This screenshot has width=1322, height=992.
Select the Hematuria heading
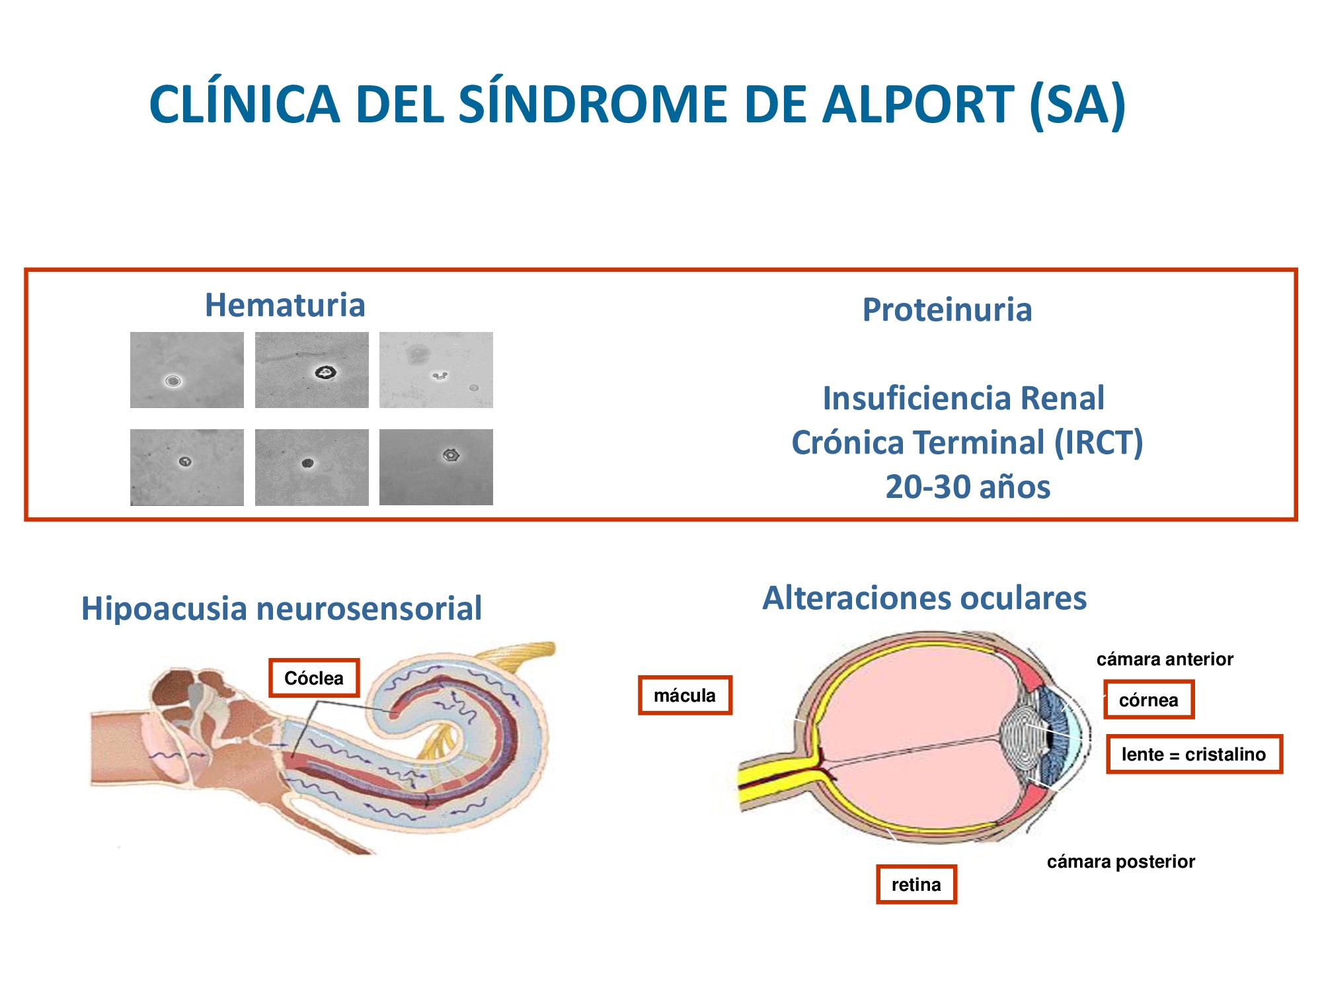pos(285,305)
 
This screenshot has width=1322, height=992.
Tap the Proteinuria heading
pos(947,310)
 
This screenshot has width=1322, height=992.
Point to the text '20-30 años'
pos(968,487)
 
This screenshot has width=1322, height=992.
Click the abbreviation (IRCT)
pos(1098,442)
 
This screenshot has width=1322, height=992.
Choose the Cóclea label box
pos(314,678)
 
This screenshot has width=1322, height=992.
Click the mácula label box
pos(685,695)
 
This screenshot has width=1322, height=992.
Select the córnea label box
pos(1149,700)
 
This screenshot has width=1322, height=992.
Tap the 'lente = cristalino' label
pos(1194,754)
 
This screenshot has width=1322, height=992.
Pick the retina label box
pos(916,884)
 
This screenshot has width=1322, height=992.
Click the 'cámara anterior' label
pos(1165,659)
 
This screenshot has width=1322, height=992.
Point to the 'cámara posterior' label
pos(1121,862)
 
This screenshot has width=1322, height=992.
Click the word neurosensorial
pos(369,608)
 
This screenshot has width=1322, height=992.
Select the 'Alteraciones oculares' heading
pos(925,598)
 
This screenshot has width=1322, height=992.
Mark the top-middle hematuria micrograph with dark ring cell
pos(312,370)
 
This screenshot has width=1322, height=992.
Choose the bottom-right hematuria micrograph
pos(436,467)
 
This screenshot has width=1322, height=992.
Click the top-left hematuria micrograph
pos(187,370)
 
